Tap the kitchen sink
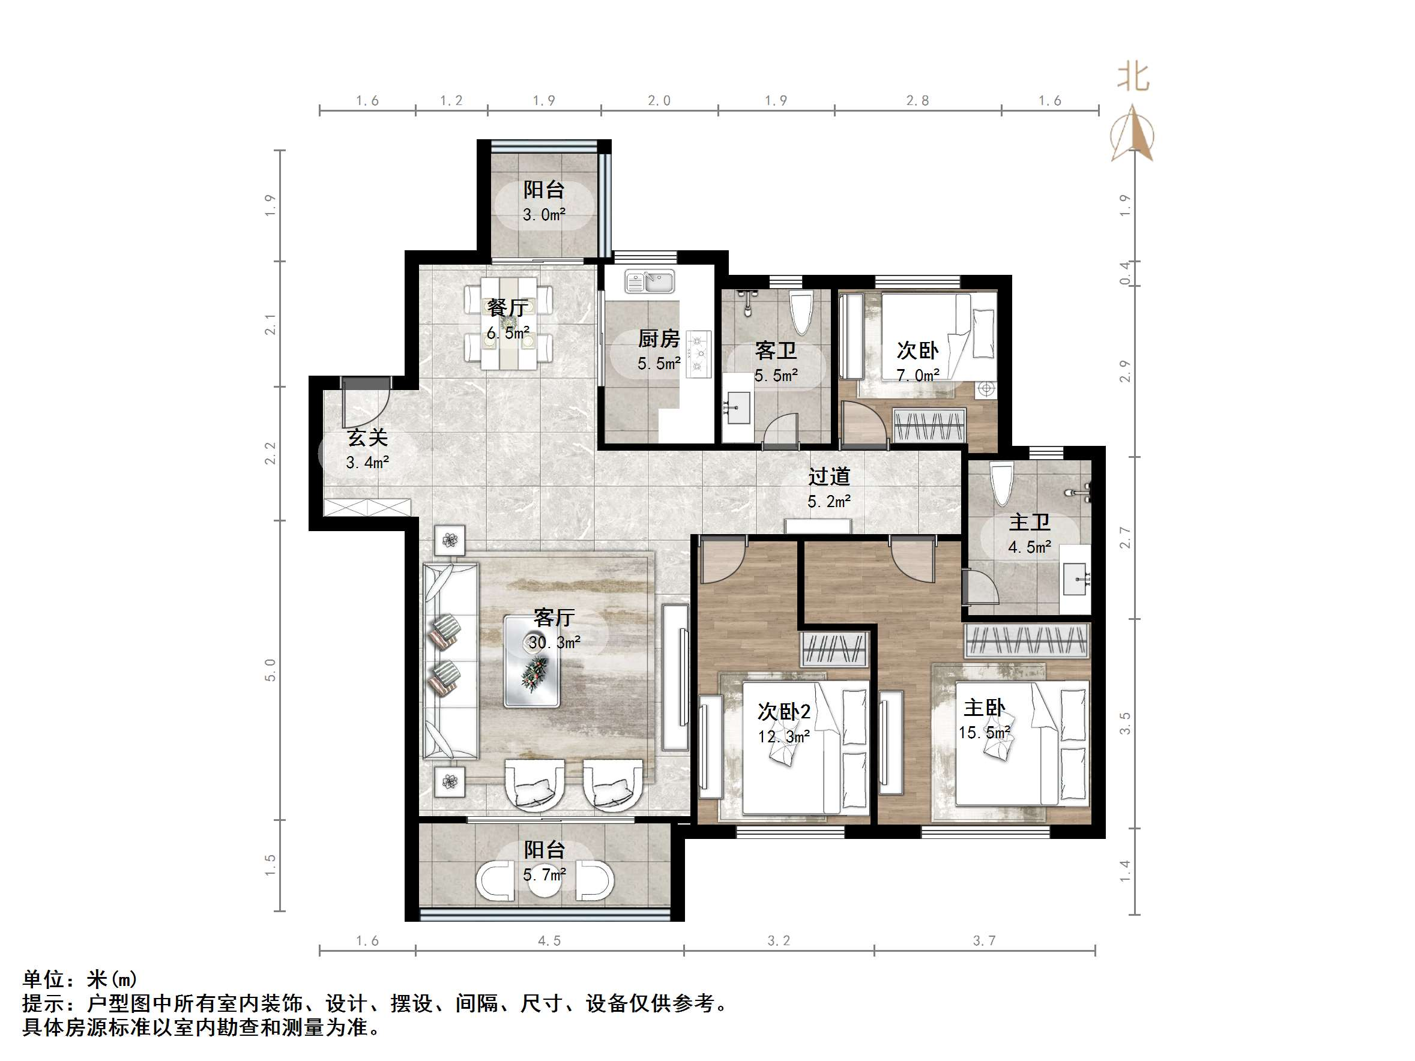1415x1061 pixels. coord(650,281)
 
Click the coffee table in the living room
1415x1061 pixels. coord(533,661)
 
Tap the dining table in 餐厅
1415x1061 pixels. coord(508,322)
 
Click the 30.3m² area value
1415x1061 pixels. coord(554,642)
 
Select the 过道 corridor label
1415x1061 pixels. coord(828,476)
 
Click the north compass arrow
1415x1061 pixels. coord(1133,133)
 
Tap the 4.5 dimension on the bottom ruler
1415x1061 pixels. coord(549,940)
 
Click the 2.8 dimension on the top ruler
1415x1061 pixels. coord(917,100)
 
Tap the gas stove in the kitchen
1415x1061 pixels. coord(698,353)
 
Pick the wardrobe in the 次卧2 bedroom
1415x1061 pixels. coord(833,649)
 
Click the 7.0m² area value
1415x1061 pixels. coord(917,376)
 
